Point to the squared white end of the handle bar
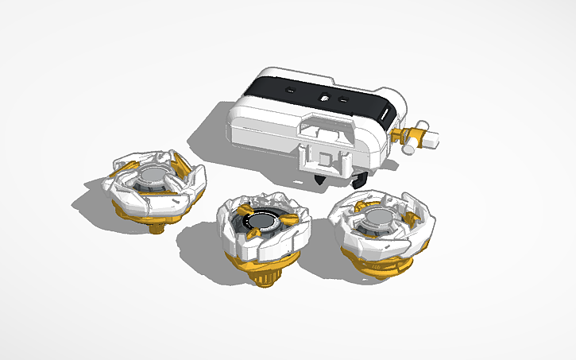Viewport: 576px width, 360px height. click(433, 139)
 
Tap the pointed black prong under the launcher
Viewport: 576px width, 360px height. click(320, 178)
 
